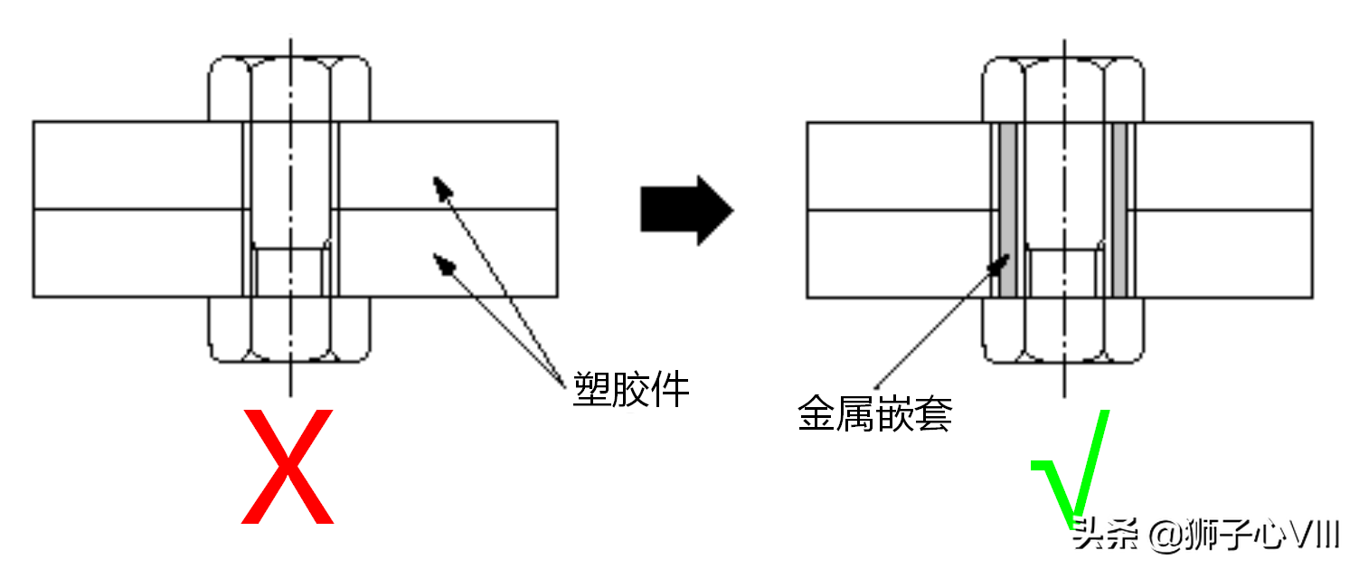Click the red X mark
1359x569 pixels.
[288, 467]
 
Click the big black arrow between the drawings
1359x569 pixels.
[685, 210]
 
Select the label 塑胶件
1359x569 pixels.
[631, 390]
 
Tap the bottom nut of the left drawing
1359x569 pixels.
[289, 330]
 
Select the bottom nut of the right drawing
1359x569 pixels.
[1063, 330]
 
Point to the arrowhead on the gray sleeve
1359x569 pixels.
[1002, 262]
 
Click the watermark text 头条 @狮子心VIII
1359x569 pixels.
[1204, 536]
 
